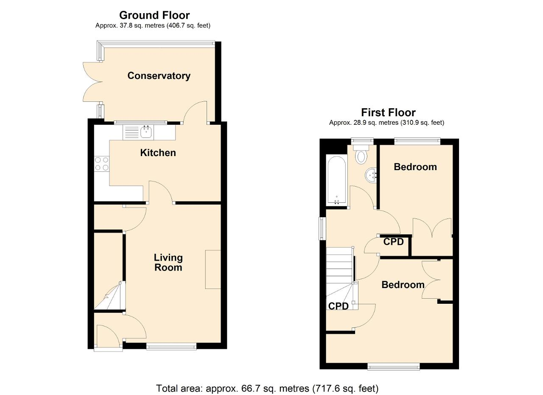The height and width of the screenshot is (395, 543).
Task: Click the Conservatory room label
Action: pyautogui.click(x=159, y=76)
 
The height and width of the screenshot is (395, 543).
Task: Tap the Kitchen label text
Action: pyautogui.click(x=158, y=153)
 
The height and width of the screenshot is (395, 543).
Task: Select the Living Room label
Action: pyautogui.click(x=168, y=262)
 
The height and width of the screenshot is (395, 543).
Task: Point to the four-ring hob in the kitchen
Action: pyautogui.click(x=102, y=164)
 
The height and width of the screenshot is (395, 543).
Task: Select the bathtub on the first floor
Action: pyautogui.click(x=337, y=180)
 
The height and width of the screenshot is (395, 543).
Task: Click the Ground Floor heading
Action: pyautogui.click(x=154, y=15)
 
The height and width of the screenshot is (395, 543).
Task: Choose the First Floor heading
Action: pyautogui.click(x=388, y=112)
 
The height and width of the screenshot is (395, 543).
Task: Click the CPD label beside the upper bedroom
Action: pyautogui.click(x=393, y=241)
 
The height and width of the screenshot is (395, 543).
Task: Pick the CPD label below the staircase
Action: pyautogui.click(x=339, y=306)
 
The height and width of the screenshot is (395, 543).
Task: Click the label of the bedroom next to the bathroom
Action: pyautogui.click(x=415, y=167)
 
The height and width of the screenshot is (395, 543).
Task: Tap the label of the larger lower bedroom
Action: pyautogui.click(x=403, y=285)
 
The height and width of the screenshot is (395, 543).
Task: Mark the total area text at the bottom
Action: pyautogui.click(x=267, y=388)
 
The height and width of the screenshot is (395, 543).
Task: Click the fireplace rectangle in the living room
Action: pyautogui.click(x=213, y=269)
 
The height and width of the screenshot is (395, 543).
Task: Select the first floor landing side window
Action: pyautogui.click(x=322, y=228)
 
